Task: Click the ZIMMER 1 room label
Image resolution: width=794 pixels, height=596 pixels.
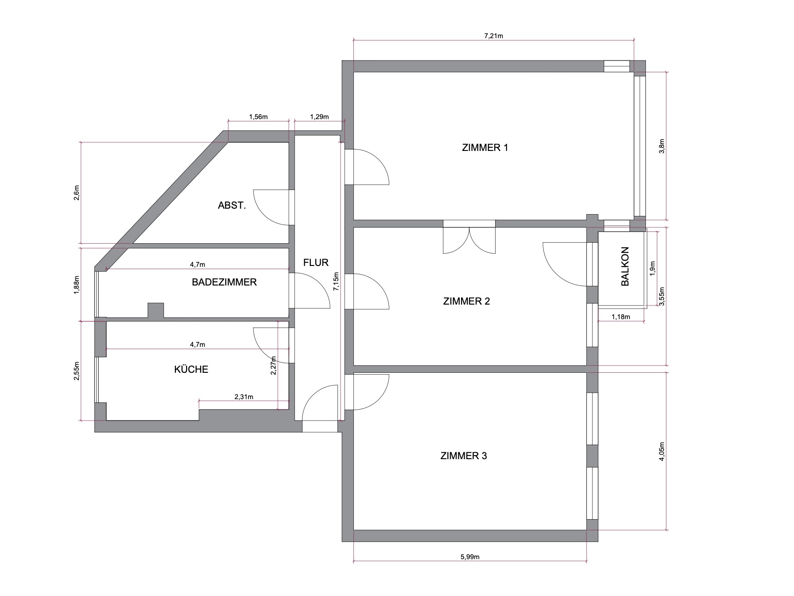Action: point(485,148)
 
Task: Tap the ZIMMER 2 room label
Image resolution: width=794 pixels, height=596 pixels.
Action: point(466,301)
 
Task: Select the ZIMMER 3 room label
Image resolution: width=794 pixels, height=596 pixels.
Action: point(463,456)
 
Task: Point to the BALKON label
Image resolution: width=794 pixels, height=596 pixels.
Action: point(625,266)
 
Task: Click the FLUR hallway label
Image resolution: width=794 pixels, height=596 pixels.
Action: point(316,262)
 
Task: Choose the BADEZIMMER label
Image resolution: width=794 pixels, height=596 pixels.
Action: point(224,282)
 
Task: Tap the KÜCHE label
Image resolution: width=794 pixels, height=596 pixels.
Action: point(191,369)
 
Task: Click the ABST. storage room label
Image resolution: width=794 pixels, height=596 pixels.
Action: point(232,205)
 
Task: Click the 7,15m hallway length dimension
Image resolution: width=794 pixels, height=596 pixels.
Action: point(336,282)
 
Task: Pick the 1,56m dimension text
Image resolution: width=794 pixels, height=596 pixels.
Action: point(258,117)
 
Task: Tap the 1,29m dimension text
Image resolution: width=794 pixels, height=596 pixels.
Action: point(319,117)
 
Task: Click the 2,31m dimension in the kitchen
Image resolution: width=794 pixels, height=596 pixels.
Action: point(244,397)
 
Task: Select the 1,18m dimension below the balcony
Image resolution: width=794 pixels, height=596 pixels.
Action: point(621,317)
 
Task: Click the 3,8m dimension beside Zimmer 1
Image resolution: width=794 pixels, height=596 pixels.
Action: point(662,146)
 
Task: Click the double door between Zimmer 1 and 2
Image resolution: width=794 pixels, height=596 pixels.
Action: point(469,240)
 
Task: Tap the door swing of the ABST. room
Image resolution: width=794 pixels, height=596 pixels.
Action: point(271,207)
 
